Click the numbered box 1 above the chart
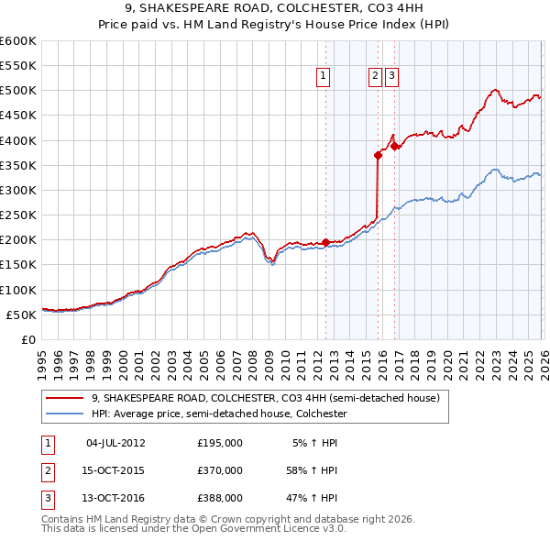[x=324, y=77]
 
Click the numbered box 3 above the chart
[x=391, y=77]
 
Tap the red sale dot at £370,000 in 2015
[x=378, y=155]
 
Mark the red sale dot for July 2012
[x=325, y=242]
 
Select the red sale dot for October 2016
[x=394, y=146]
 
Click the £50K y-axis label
[x=21, y=315]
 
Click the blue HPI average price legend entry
[x=219, y=414]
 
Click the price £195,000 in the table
[x=220, y=442]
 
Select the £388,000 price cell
[x=220, y=499]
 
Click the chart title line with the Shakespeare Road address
[x=275, y=10]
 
